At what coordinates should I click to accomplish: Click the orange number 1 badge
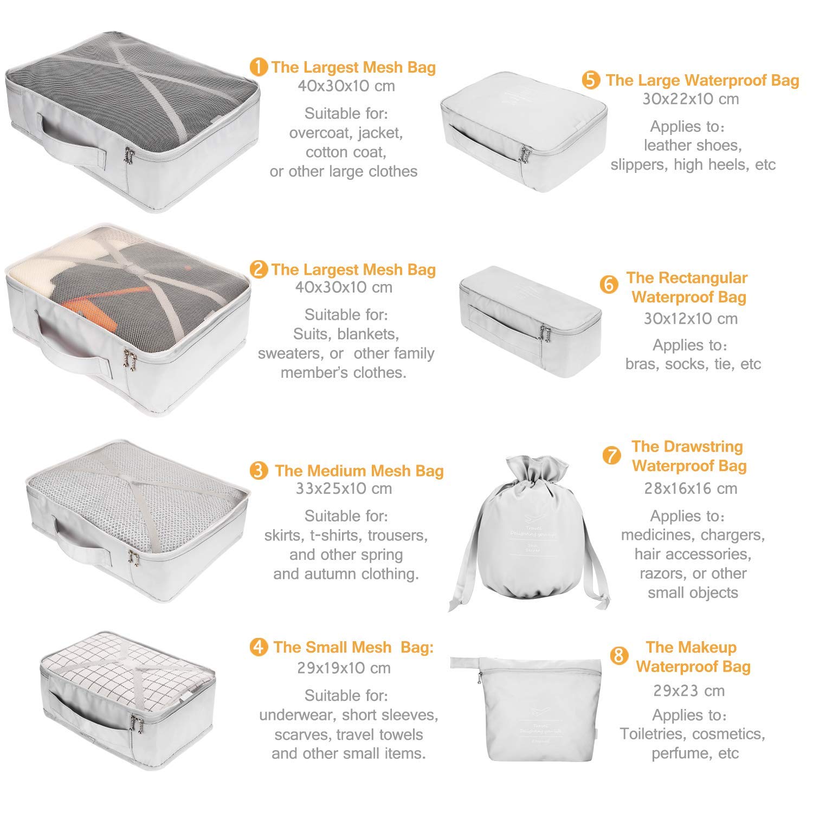point(259,67)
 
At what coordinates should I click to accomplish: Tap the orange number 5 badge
point(591,80)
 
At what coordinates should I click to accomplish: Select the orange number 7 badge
point(611,455)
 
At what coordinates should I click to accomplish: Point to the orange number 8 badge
point(618,656)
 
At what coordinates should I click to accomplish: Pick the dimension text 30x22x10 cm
point(691,99)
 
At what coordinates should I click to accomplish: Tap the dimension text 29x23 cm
point(689,691)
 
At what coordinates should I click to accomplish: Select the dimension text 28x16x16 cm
point(691,488)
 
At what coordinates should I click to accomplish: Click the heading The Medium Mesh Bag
point(359,470)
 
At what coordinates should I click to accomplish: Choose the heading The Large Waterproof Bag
point(702,80)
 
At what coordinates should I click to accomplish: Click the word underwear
point(298,715)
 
